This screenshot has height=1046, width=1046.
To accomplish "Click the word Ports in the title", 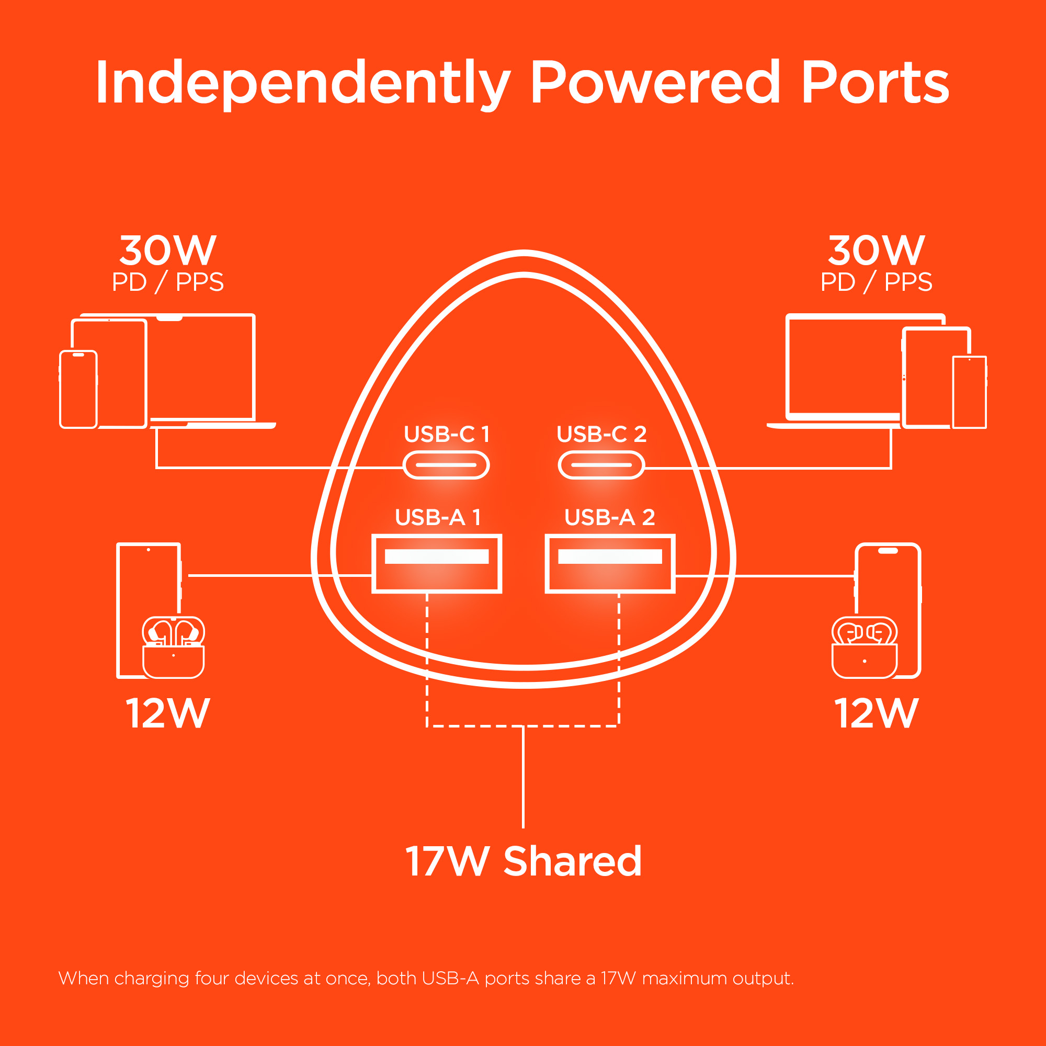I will coord(874,83).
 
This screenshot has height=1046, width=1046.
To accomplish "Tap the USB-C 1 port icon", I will coord(446,465).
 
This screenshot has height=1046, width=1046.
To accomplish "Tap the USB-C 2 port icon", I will coord(601,465).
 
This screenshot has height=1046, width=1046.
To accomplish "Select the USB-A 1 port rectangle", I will coord(436,564).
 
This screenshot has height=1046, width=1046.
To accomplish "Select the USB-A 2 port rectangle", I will coord(610,564).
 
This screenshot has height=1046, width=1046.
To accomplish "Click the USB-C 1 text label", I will coord(447,434).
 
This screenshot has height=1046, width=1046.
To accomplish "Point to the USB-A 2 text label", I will coord(610,518).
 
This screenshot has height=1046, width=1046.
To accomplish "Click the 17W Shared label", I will coord(523,861).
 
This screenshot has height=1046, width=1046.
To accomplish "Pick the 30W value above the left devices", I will coord(168,250).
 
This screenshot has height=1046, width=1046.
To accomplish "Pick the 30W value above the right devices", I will coord(877,250).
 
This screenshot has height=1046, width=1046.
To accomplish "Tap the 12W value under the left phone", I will coord(168,713).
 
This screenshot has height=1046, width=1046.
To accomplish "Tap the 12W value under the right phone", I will coord(877,713).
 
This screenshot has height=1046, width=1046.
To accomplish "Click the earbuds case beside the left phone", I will coord(173,647).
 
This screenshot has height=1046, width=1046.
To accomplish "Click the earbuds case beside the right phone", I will coord(864,647).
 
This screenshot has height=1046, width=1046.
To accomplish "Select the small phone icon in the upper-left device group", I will coord(78,389).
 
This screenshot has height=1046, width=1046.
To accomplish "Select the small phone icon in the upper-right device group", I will coord(969,392).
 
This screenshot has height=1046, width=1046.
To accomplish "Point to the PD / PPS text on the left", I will coord(168,282).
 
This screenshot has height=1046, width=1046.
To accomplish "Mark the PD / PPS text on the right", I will coord(877,282).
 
